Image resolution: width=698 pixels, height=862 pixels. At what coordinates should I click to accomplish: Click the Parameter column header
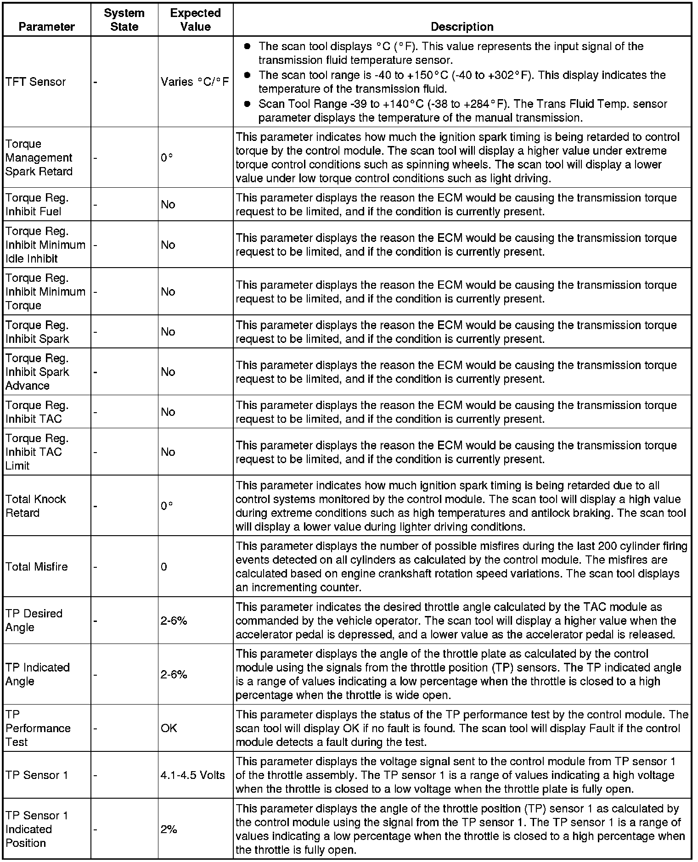click(x=46, y=27)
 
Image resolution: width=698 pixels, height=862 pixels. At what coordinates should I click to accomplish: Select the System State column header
click(x=124, y=20)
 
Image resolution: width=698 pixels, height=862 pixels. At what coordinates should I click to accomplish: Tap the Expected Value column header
click(x=195, y=20)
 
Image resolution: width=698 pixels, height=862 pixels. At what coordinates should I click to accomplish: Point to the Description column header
click(x=462, y=27)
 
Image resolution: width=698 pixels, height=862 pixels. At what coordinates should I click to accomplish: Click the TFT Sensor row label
click(x=36, y=82)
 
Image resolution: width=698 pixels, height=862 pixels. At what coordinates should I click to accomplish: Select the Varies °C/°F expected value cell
click(x=195, y=82)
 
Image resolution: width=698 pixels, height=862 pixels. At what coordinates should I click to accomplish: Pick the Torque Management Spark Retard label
click(x=39, y=157)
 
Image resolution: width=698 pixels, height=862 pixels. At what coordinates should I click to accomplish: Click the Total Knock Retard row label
click(x=36, y=506)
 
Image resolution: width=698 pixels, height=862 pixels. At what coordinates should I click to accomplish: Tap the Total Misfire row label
click(x=37, y=566)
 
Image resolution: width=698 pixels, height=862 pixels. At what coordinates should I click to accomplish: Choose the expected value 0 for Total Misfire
click(x=164, y=566)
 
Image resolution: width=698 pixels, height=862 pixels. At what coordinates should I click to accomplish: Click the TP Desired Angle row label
click(x=34, y=620)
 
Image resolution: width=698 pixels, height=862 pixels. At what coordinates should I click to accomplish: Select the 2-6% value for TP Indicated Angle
click(x=174, y=674)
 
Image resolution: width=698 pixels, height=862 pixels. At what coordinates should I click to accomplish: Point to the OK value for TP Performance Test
click(x=169, y=728)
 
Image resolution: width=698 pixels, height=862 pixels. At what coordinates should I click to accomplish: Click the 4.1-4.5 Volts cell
click(x=193, y=775)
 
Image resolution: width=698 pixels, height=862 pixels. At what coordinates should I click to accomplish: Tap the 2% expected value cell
click(x=169, y=829)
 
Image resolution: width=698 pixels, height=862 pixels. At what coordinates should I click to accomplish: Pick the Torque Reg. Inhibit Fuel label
click(x=37, y=204)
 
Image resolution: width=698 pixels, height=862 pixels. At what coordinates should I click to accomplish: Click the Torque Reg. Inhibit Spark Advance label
click(x=37, y=372)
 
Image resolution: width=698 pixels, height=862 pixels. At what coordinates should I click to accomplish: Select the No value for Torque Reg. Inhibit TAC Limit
click(x=168, y=452)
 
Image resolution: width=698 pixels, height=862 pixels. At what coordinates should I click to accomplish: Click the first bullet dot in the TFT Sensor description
click(x=248, y=46)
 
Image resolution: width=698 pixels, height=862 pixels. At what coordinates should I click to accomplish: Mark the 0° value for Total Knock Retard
click(x=167, y=506)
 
